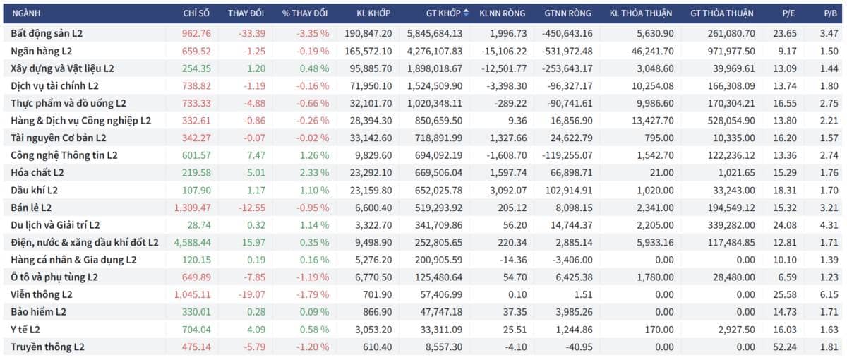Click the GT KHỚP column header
(x=443, y=13)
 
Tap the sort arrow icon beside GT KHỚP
(x=466, y=13)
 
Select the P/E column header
(x=788, y=13)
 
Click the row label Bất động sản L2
(x=47, y=34)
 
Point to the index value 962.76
(x=196, y=34)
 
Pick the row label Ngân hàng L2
(x=41, y=51)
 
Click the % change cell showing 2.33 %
(x=314, y=173)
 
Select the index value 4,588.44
(x=193, y=242)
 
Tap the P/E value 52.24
(x=785, y=347)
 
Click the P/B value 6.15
(x=829, y=294)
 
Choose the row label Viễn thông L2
(x=41, y=294)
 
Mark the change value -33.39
(x=252, y=34)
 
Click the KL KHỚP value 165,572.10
(x=368, y=51)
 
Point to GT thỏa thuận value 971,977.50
(x=731, y=51)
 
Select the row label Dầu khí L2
(x=34, y=190)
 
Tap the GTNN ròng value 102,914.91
(x=569, y=190)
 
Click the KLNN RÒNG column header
(x=502, y=13)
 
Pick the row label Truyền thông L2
(x=47, y=347)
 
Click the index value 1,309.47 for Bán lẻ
(x=193, y=208)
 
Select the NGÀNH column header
(x=26, y=13)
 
